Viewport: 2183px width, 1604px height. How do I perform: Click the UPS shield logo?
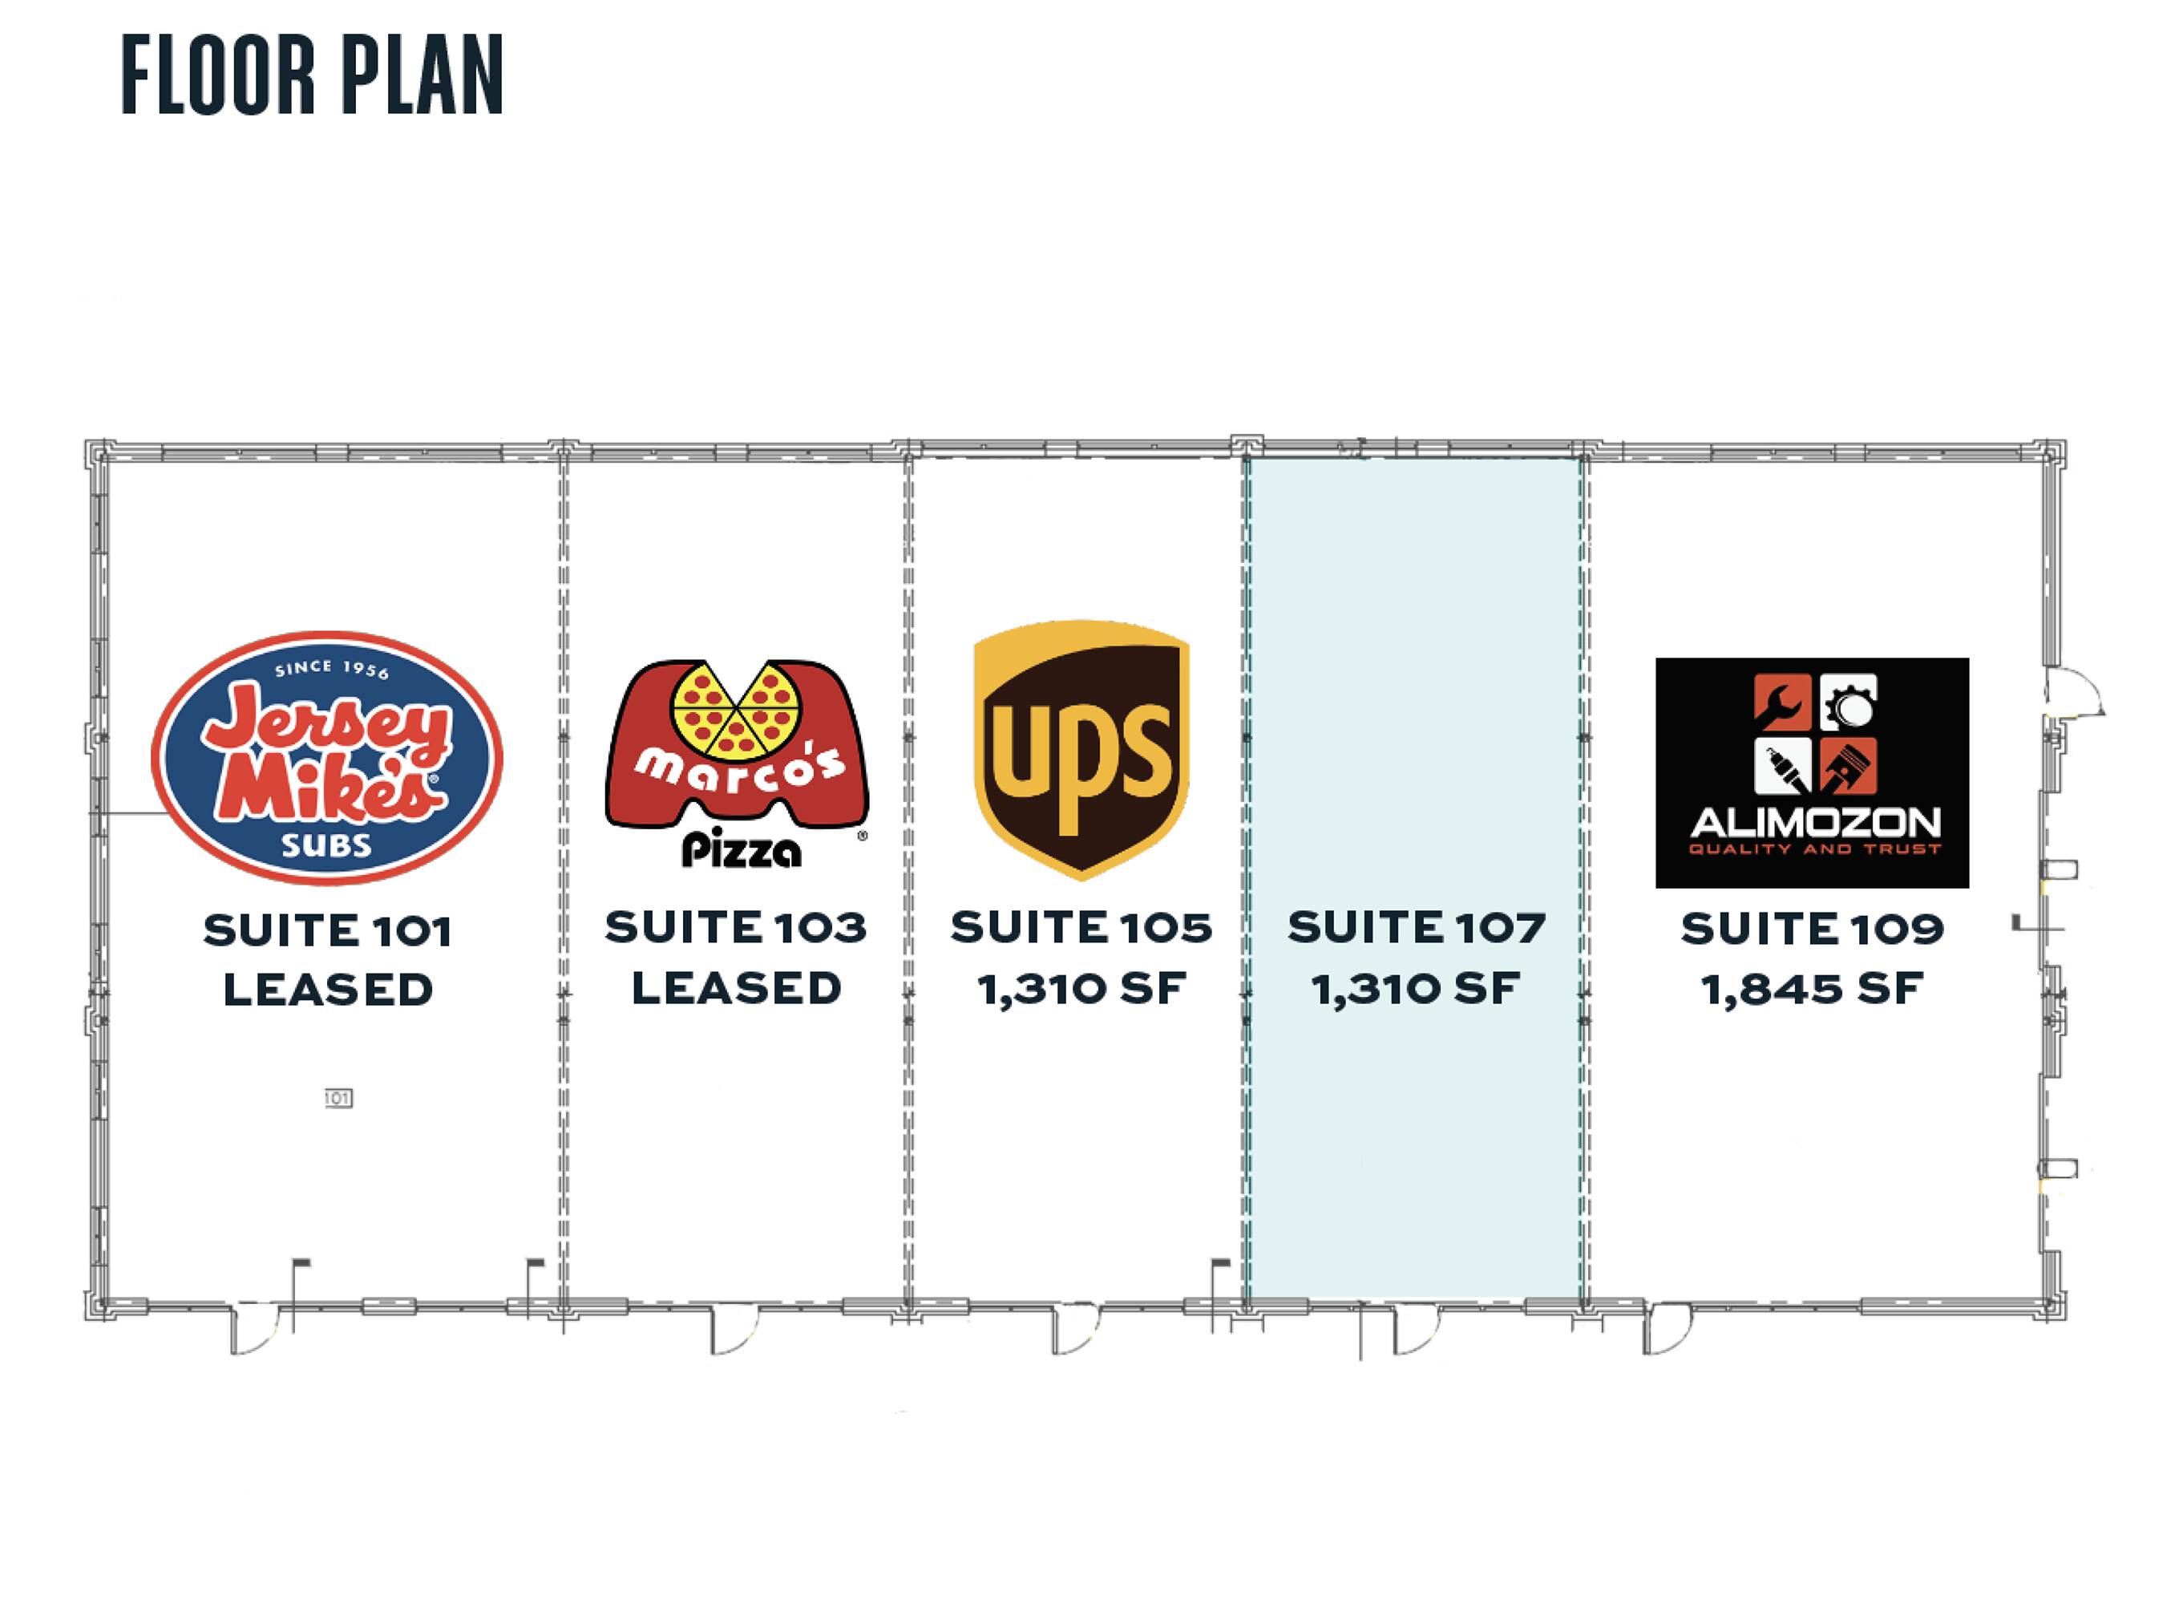coord(1081,750)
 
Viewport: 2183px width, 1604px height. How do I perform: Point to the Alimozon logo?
coord(1812,773)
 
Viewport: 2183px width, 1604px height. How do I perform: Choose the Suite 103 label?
coord(736,928)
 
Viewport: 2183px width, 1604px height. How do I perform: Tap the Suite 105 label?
coord(1081,928)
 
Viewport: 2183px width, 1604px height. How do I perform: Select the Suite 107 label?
coord(1416,928)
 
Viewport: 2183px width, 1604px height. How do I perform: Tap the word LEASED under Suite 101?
coord(328,990)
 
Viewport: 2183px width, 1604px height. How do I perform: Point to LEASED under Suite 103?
coord(736,988)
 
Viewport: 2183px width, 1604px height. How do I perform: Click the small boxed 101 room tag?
coord(338,1098)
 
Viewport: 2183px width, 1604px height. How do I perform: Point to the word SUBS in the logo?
coord(326,845)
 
